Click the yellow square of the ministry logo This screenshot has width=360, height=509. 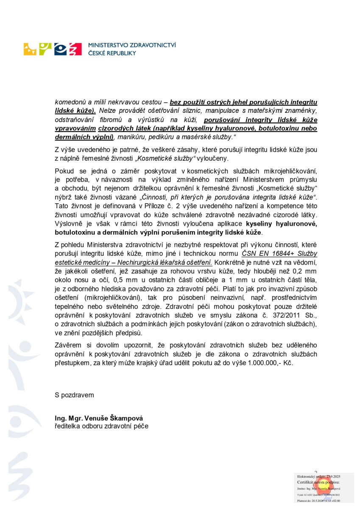[x=30, y=49]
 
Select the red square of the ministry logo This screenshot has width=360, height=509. [x=75, y=49]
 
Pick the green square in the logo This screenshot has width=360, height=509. [x=45, y=49]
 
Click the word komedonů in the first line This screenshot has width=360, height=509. [x=70, y=102]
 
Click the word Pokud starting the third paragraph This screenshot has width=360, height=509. [x=64, y=171]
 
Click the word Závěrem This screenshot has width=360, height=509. [x=69, y=345]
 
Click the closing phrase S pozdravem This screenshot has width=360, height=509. [x=75, y=395]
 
